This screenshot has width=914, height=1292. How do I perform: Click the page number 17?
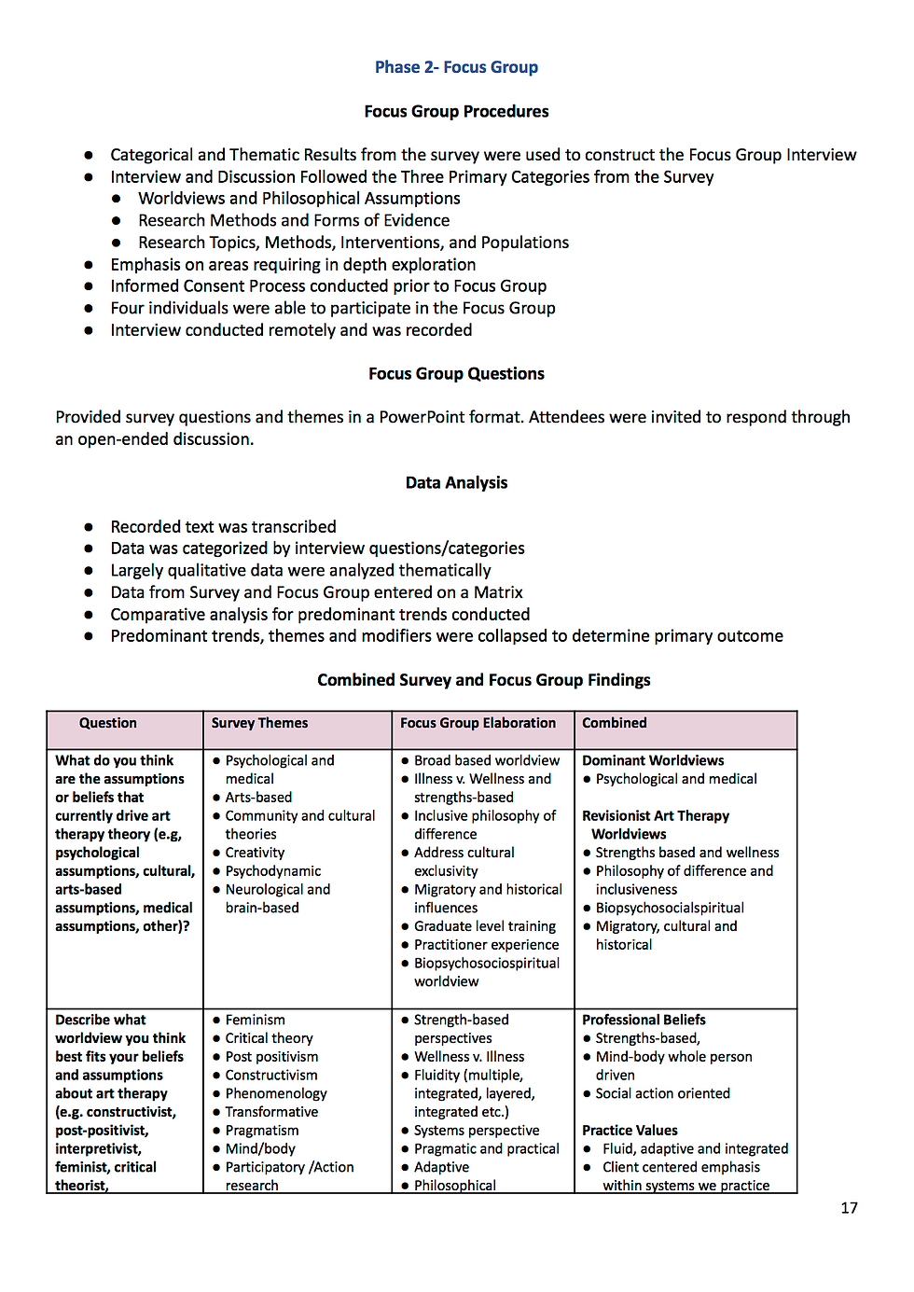[849, 1208]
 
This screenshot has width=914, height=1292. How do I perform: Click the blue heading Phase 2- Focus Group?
[456, 67]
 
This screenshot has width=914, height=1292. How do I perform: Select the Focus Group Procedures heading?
[456, 112]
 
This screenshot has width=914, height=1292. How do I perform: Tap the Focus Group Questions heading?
[456, 374]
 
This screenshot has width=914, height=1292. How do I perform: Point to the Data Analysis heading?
[456, 483]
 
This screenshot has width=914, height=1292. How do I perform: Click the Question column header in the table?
[108, 723]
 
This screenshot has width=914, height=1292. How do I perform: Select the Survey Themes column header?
[259, 723]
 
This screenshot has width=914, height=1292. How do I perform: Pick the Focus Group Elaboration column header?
[478, 723]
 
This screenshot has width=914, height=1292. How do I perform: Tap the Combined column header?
[615, 723]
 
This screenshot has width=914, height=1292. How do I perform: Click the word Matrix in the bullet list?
[498, 592]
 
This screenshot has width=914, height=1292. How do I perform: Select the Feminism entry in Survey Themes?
[255, 1020]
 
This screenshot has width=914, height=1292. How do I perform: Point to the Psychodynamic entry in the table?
[272, 871]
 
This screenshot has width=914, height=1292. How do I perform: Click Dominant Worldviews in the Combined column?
[653, 760]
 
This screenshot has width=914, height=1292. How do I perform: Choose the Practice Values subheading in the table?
[630, 1131]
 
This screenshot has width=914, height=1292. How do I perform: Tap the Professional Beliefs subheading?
[644, 1020]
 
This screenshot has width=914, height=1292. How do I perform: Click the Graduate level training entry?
[484, 926]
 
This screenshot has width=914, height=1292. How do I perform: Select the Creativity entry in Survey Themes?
[255, 853]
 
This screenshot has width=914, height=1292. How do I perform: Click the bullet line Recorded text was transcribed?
[223, 527]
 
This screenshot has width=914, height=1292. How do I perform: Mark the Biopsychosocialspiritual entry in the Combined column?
[670, 908]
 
